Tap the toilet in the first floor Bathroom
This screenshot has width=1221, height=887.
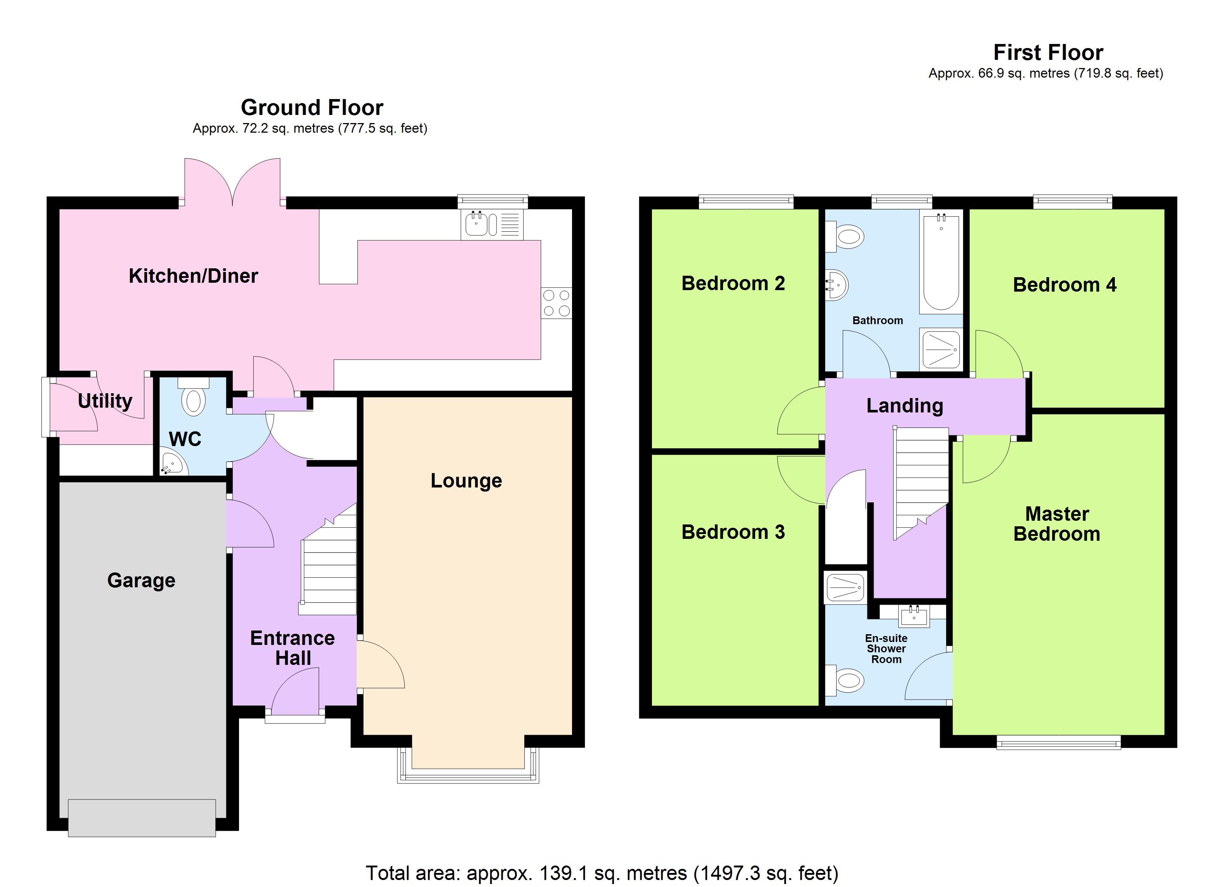(x=847, y=237)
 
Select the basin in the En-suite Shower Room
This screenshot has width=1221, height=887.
(x=914, y=616)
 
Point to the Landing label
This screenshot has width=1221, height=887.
(x=904, y=405)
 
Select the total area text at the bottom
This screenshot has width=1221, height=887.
(x=602, y=873)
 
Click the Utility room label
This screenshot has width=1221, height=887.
(x=105, y=401)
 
